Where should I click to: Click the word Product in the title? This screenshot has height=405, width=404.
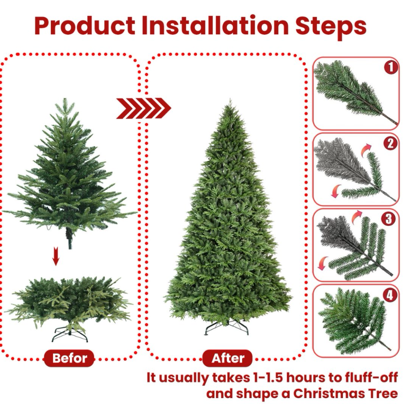click(85, 25)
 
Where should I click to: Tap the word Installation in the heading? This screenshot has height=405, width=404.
click(215, 25)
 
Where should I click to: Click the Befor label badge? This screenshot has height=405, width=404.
click(69, 358)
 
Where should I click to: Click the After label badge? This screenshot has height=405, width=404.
click(227, 358)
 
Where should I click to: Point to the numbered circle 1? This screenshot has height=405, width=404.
click(391, 67)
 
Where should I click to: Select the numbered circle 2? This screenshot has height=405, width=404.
click(390, 143)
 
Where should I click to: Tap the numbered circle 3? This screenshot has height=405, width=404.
click(388, 219)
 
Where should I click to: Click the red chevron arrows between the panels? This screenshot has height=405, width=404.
click(144, 108)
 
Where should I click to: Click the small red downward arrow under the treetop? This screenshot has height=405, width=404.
click(56, 256)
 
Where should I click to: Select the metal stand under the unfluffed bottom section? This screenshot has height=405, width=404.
click(70, 334)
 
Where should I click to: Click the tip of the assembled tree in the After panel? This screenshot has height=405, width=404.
click(230, 99)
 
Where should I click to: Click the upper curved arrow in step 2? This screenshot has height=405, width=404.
click(366, 150)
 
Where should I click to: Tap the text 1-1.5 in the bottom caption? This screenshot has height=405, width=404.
click(266, 377)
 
